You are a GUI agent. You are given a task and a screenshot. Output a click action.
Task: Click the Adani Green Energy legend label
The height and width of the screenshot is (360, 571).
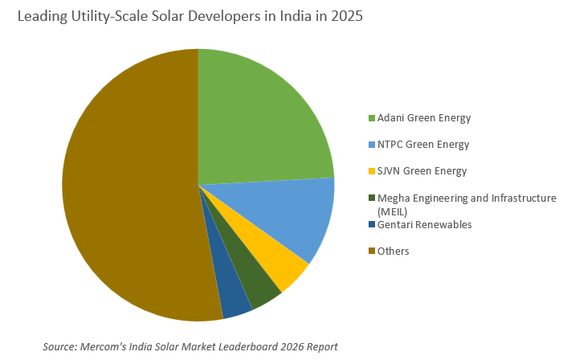click(424, 118)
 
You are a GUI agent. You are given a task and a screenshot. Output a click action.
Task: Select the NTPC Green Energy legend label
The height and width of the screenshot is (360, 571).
click(423, 145)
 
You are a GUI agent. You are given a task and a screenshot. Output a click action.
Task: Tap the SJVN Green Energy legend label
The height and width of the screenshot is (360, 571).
click(422, 171)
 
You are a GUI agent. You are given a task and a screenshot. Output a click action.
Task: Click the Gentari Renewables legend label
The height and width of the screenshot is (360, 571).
click(425, 224)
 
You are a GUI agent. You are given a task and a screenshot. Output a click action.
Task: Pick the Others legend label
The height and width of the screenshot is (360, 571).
click(394, 251)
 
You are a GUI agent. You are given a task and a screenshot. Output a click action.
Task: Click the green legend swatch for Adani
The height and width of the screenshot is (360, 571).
click(372, 119)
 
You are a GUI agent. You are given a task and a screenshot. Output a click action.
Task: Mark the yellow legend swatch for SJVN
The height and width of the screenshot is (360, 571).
click(372, 172)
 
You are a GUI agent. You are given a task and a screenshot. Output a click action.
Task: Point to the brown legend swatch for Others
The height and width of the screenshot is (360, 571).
click(372, 252)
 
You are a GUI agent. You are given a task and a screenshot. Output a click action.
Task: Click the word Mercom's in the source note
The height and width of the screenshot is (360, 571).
click(103, 346)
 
